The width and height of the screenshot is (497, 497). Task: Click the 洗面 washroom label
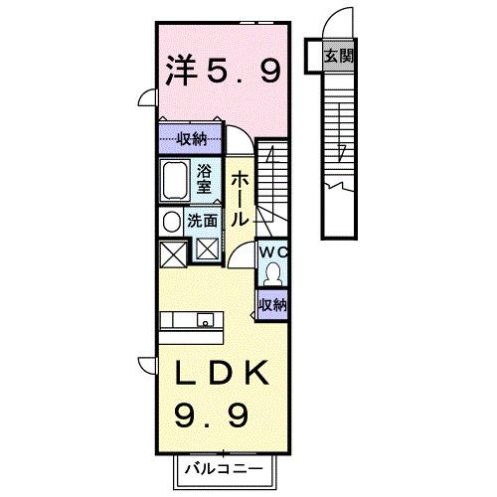[x=203, y=220]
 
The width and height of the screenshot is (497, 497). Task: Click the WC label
[x=271, y=252]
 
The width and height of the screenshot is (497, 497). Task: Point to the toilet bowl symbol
[x=271, y=274]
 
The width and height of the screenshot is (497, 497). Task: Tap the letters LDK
[x=220, y=376]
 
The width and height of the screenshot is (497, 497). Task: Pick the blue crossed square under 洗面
[x=209, y=249]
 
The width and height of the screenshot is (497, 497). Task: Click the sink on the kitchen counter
[x=206, y=320]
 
